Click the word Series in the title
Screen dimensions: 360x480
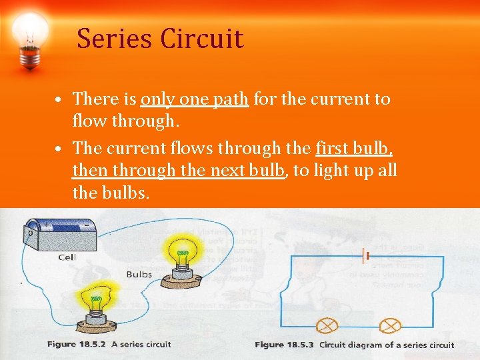[x=115, y=39]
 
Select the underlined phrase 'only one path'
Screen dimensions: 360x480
[x=195, y=99]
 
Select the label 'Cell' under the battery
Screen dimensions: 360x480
[x=67, y=257]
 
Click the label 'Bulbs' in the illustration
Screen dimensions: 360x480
[x=139, y=274]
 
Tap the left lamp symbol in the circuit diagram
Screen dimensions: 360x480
[x=327, y=325]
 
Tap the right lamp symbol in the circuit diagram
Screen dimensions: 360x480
[x=389, y=325]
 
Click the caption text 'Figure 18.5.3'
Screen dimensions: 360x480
[x=285, y=345]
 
